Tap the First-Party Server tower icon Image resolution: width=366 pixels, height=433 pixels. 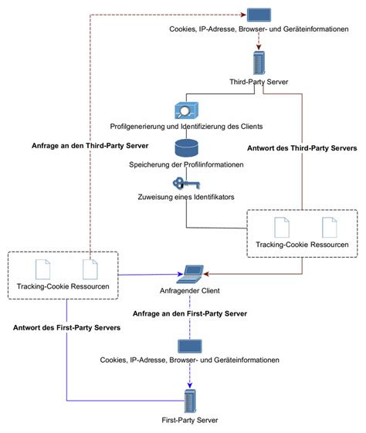pyautogui.click(x=190, y=402)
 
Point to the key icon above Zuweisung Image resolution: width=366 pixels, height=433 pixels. pyautogui.click(x=182, y=183)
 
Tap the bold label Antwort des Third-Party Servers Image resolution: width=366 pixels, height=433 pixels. pyautogui.click(x=300, y=150)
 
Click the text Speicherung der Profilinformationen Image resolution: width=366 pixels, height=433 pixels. pyautogui.click(x=186, y=165)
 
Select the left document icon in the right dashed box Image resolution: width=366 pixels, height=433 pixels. pyautogui.click(x=281, y=226)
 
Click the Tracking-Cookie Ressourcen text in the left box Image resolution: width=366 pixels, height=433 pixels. pyautogui.click(x=67, y=286)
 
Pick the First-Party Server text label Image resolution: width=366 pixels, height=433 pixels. pyautogui.click(x=191, y=421)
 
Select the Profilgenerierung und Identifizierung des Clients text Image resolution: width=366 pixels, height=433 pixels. pyautogui.click(x=186, y=126)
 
